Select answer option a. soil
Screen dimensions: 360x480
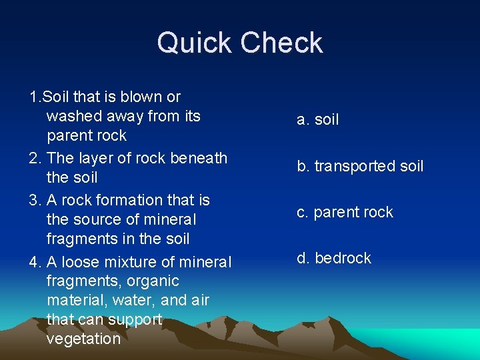coord(318,120)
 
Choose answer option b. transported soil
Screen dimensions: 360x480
coord(360,166)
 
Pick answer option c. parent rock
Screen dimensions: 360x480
coord(345,212)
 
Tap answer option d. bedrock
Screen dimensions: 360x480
coord(333,258)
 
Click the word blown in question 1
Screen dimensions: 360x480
coord(142,97)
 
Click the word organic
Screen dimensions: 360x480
coord(155,281)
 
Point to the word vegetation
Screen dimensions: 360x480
coord(83,339)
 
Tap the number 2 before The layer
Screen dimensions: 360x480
coord(34,158)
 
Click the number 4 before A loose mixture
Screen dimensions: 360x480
coord(34,262)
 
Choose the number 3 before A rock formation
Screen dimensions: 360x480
coord(34,200)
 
